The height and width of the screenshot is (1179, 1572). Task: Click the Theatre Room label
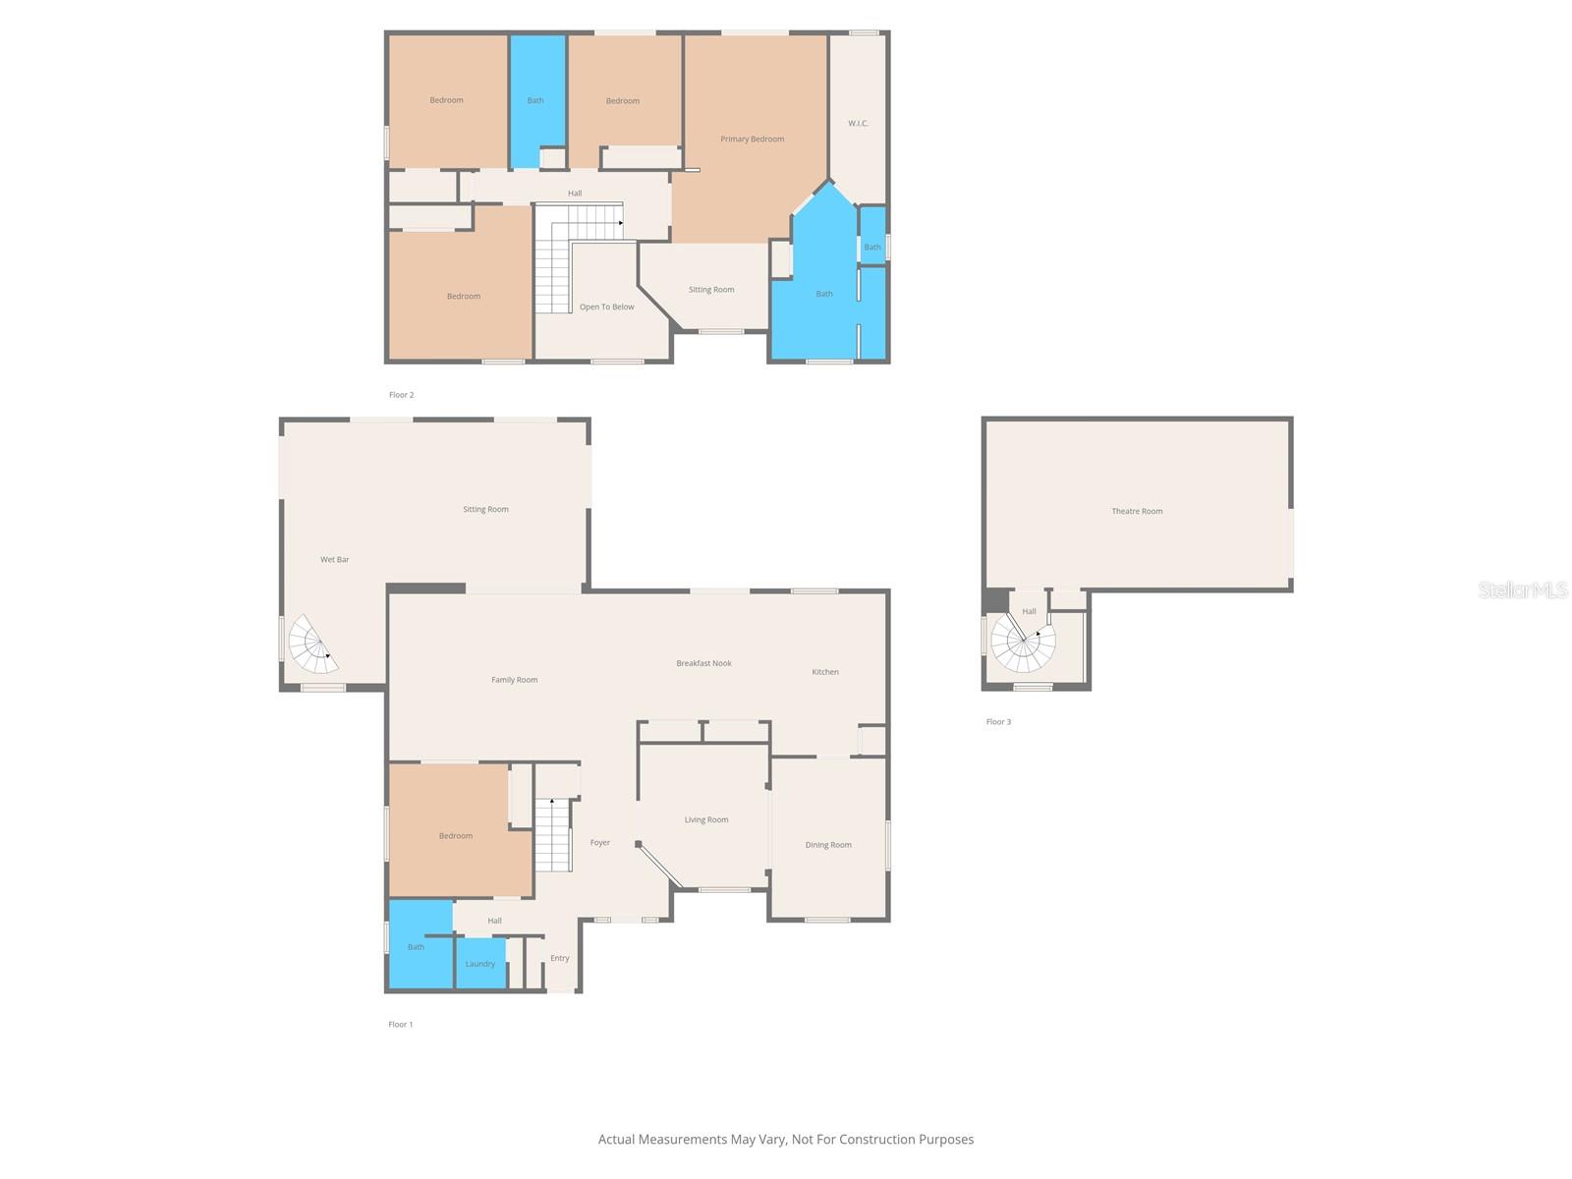pyautogui.click(x=1137, y=511)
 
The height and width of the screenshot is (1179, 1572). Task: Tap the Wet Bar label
pyautogui.click(x=334, y=559)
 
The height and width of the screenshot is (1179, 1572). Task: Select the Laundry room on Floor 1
pyautogui.click(x=480, y=963)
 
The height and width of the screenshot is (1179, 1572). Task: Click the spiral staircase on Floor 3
pyautogui.click(x=1023, y=642)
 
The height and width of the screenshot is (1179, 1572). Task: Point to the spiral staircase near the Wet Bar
pyautogui.click(x=313, y=646)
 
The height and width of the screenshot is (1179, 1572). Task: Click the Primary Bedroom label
pyautogui.click(x=752, y=139)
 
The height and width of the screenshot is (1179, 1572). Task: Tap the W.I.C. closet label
pyautogui.click(x=858, y=123)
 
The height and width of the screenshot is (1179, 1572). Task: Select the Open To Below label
pyautogui.click(x=606, y=307)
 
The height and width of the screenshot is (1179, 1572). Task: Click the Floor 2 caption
pyautogui.click(x=401, y=395)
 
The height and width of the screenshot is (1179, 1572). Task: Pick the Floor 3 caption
pyautogui.click(x=998, y=722)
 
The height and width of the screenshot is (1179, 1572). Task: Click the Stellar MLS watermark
pyautogui.click(x=1523, y=589)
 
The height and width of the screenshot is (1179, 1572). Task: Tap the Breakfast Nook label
pyautogui.click(x=703, y=663)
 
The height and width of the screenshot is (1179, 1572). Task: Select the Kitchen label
pyautogui.click(x=825, y=672)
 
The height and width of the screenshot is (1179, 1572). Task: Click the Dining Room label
pyautogui.click(x=828, y=845)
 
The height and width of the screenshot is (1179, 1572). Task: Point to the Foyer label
pyautogui.click(x=599, y=842)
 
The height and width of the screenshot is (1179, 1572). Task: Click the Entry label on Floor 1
pyautogui.click(x=559, y=958)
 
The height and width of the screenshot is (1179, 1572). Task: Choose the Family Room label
pyautogui.click(x=514, y=680)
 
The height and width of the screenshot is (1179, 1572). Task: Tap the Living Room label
pyautogui.click(x=706, y=819)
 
